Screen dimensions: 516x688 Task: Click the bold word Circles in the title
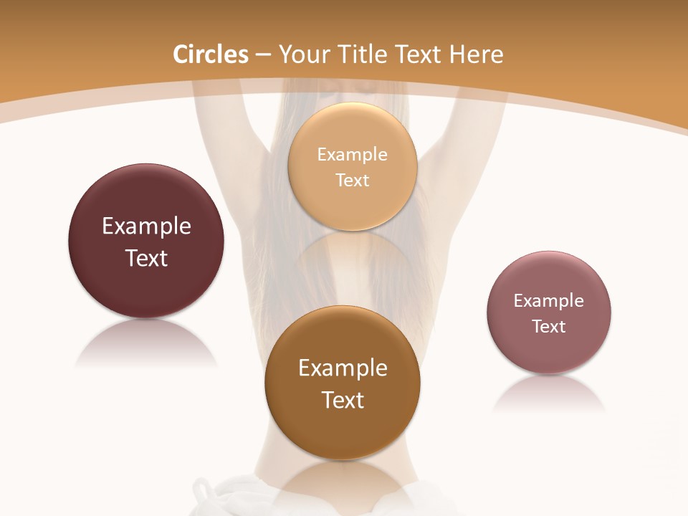(211, 54)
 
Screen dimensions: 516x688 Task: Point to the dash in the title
(263, 55)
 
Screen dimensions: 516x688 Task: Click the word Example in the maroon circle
(146, 226)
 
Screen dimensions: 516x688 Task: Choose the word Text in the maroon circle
(146, 258)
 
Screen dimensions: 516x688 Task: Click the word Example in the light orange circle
(353, 154)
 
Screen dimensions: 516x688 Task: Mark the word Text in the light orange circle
(353, 180)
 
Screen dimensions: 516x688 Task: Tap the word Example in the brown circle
(343, 368)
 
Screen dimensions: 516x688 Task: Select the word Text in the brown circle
(343, 400)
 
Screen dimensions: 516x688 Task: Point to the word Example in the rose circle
(549, 300)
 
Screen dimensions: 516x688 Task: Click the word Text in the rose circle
(549, 326)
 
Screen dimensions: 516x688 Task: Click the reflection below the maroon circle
(146, 344)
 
